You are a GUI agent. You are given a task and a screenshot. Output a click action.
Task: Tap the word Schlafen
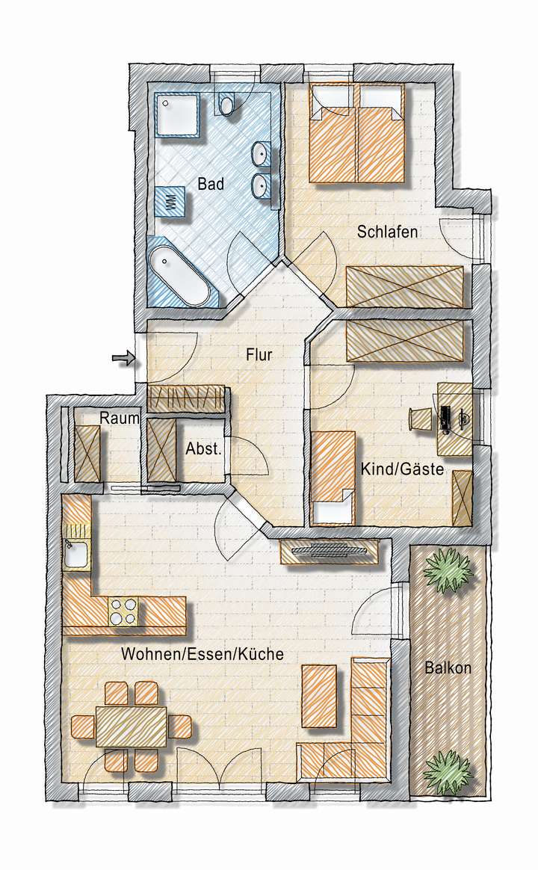coord(386,232)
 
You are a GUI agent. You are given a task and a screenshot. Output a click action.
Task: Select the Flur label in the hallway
coord(259,355)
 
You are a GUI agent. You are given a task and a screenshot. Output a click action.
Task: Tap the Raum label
coord(120,419)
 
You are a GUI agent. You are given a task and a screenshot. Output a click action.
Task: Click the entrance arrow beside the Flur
coord(121,360)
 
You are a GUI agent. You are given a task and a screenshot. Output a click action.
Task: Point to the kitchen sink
coord(75,555)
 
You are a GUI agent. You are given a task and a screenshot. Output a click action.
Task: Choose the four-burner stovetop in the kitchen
coord(124,611)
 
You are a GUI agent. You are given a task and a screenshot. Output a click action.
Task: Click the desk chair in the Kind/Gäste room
coord(418,419)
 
